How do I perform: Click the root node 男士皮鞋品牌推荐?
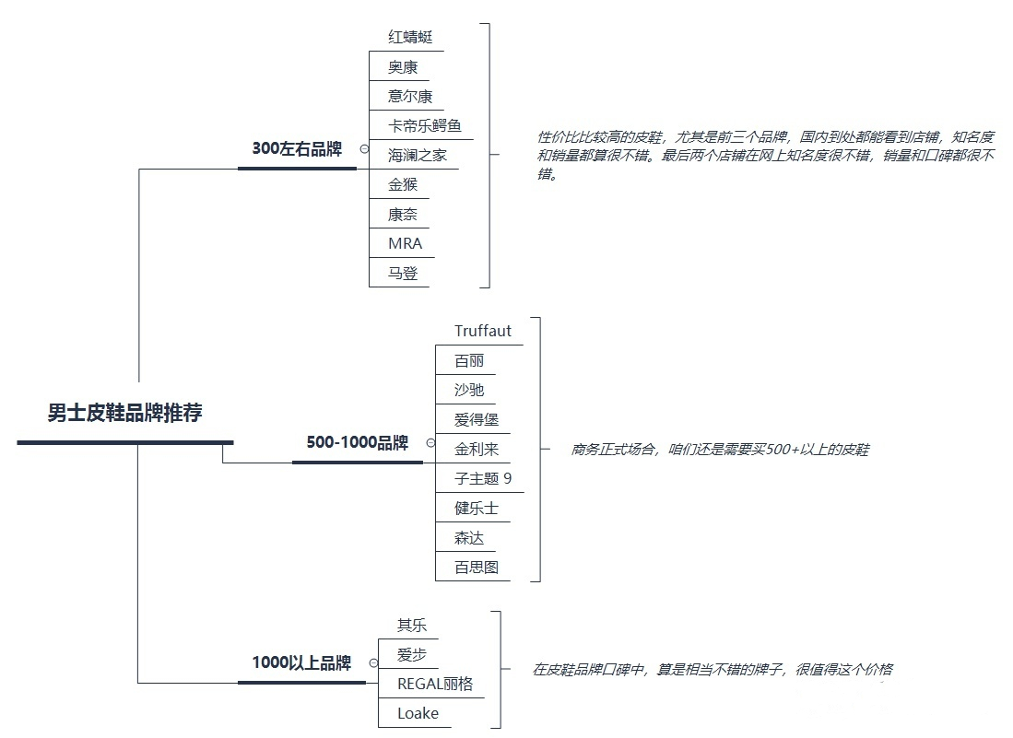124,414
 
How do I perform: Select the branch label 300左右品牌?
297,149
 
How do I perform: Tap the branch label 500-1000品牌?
357,443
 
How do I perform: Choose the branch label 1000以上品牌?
301,663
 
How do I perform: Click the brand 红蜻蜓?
410,38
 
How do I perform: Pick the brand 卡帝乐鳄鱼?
424,126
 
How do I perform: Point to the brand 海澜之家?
417,156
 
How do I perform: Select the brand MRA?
405,244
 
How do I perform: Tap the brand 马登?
403,274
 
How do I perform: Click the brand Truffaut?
482,332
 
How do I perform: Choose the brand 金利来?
476,450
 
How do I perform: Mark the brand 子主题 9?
482,479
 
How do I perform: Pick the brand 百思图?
476,568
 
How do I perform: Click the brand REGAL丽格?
434,685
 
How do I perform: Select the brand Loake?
418,714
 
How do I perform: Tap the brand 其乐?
412,626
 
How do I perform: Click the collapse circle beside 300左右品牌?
364,149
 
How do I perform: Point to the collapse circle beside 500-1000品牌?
430,443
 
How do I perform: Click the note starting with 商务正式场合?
720,451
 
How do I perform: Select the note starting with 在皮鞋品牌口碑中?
712,670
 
